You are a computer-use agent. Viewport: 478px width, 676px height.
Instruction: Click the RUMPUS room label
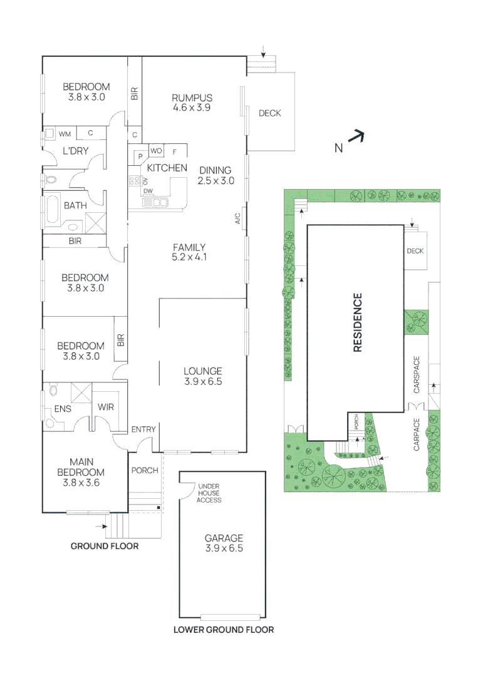(x=192, y=98)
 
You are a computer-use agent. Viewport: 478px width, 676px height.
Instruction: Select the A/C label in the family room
(x=237, y=218)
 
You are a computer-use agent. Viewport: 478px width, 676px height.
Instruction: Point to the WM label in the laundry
(x=65, y=134)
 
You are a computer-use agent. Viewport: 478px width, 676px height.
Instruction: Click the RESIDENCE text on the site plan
(x=358, y=322)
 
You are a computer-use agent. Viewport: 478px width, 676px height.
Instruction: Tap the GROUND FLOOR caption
(x=104, y=546)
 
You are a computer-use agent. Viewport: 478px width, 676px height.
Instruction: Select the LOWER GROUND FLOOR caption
(x=223, y=630)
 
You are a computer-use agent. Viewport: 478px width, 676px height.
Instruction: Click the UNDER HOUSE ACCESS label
(x=209, y=493)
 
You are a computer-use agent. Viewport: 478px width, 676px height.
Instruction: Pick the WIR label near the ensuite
(x=106, y=407)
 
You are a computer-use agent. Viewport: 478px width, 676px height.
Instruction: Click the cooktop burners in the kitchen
(x=133, y=181)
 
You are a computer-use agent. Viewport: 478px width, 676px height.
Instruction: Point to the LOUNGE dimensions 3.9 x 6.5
(x=203, y=381)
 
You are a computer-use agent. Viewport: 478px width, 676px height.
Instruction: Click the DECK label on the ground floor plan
(x=270, y=113)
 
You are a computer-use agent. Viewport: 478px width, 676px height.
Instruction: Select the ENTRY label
(x=143, y=429)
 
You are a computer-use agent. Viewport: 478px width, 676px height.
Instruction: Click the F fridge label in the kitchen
(x=175, y=151)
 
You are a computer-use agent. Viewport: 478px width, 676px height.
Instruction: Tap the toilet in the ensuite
(x=53, y=391)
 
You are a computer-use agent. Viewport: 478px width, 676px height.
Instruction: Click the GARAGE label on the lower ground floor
(x=224, y=538)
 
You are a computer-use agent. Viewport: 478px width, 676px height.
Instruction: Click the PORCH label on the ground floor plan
(x=144, y=471)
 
